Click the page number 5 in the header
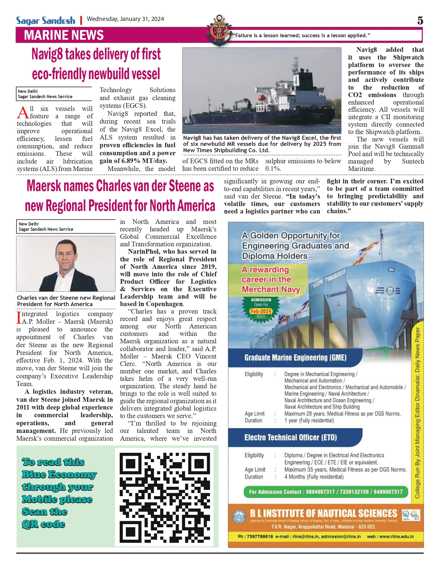point(420,21)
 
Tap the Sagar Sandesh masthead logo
point(46,21)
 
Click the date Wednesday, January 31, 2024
point(125,19)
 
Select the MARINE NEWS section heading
point(64,35)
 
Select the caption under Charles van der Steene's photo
point(66,301)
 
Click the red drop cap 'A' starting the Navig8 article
point(23,113)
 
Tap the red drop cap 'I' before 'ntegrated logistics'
point(19,318)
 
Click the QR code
point(164,496)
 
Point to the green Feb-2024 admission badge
point(261,309)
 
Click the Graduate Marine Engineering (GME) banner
point(295,358)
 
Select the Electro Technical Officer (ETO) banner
point(290,437)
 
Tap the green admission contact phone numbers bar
point(326,492)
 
